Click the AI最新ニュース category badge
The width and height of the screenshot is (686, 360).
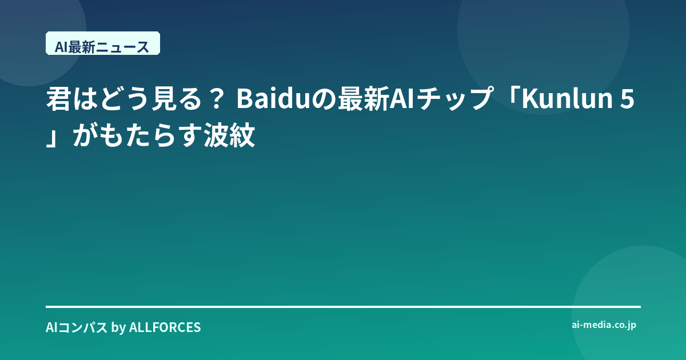103,43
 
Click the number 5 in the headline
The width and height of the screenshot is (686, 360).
627,99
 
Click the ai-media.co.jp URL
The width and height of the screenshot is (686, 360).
604,325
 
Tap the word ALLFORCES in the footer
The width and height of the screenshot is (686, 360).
165,327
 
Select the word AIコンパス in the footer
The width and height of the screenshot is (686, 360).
77,327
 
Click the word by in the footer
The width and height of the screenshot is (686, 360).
118,327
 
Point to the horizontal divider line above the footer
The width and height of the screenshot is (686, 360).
344,307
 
